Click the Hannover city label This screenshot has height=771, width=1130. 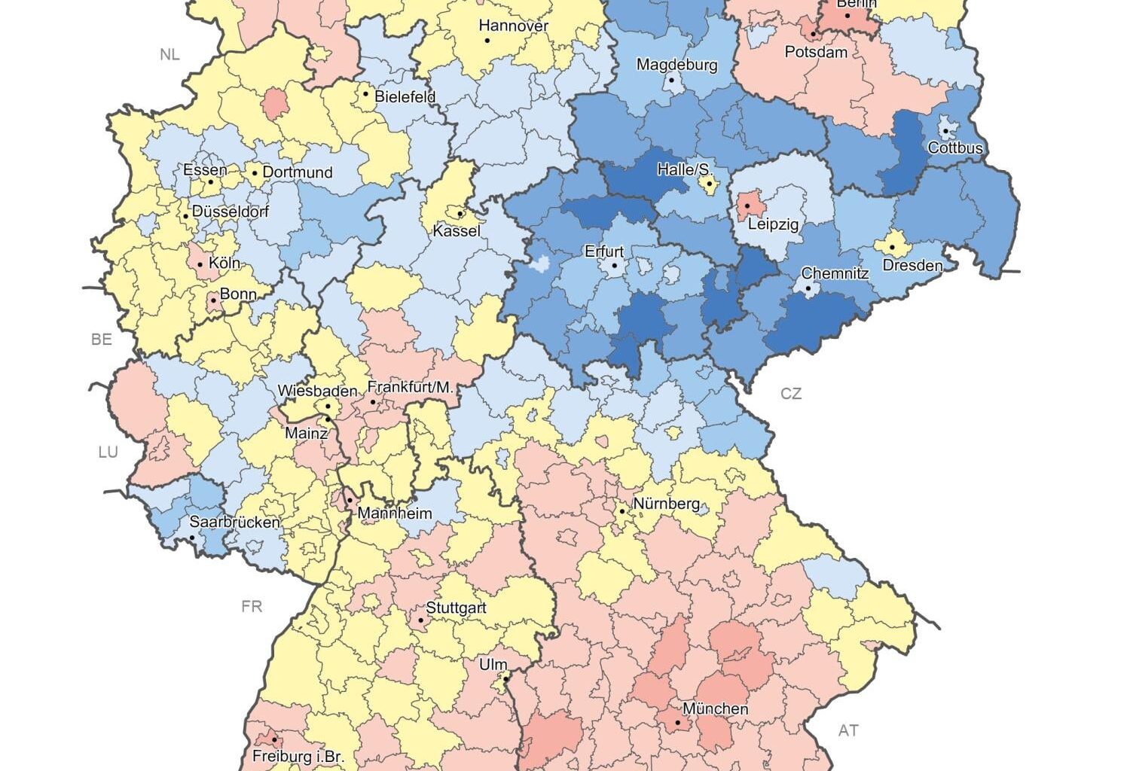click(x=514, y=26)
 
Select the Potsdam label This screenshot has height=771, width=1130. click(x=816, y=52)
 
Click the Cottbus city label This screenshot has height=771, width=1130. click(x=954, y=148)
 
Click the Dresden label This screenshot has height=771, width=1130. click(x=912, y=265)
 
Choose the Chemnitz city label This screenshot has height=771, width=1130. click(x=835, y=273)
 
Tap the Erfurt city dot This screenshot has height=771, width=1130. click(x=615, y=266)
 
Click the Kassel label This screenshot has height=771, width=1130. click(x=457, y=230)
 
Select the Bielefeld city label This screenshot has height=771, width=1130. click(x=405, y=97)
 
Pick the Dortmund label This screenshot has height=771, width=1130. click(x=298, y=172)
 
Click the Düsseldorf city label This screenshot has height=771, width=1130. click(x=231, y=212)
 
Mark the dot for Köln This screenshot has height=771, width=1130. click(x=200, y=264)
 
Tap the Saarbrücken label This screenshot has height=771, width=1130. click(x=224, y=522)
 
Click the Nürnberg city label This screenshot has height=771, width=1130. click(x=666, y=504)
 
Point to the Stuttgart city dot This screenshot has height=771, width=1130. click(x=420, y=620)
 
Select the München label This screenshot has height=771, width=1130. click(x=715, y=709)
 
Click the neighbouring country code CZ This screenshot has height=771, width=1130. click(x=791, y=393)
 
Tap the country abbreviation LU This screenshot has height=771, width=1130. click(x=108, y=452)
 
